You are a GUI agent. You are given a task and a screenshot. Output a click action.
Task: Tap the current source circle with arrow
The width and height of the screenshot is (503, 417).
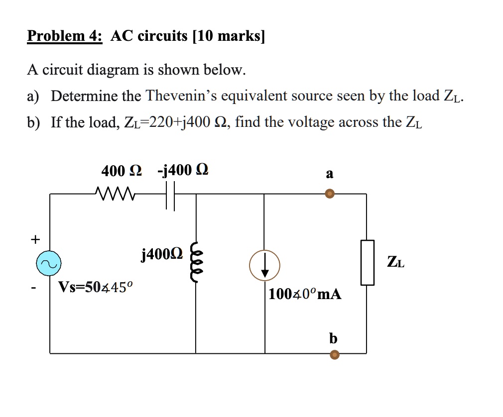coord(264,265)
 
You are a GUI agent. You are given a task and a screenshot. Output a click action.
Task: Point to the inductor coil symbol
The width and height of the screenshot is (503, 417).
coord(196,265)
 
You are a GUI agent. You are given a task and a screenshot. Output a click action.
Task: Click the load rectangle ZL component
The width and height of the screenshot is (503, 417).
coord(367,262)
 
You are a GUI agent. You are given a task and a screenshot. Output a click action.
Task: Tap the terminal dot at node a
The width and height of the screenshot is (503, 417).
coord(329,194)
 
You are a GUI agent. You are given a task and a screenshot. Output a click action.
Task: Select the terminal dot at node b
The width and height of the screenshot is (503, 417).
coord(335,354)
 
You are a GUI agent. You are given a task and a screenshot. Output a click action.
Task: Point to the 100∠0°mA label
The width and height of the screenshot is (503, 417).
coord(305,294)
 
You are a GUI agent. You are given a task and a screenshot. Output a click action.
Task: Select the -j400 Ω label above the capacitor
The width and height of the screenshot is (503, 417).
coord(183,171)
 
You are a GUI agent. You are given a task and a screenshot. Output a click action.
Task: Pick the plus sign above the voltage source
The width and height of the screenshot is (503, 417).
coord(35,239)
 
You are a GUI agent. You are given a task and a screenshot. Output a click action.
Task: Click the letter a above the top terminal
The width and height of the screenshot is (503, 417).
coord(329,174)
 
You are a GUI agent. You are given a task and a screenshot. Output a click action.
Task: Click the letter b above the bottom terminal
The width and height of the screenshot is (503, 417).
coord(333,338)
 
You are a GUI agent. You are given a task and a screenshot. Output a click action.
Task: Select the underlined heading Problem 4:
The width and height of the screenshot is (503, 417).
coord(65,36)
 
